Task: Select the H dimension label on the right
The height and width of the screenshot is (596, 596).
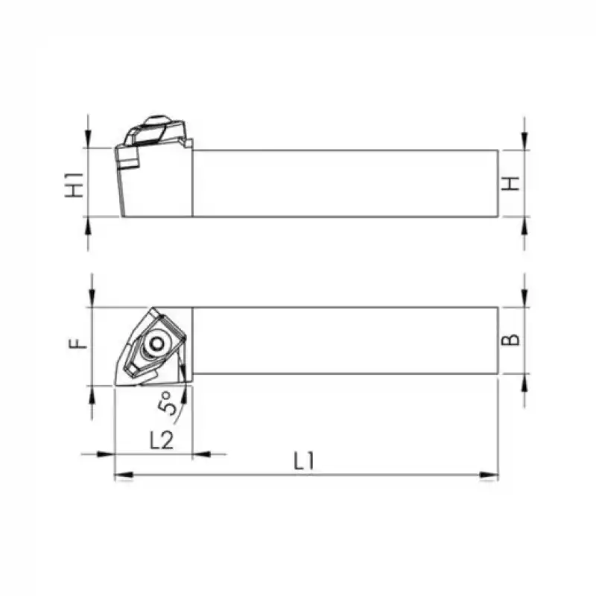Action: pyautogui.click(x=510, y=183)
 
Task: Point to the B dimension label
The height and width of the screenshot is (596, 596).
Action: pyautogui.click(x=510, y=340)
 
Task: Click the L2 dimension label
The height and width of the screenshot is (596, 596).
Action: pyautogui.click(x=162, y=440)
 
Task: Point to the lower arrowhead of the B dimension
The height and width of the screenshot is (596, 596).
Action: pyautogui.click(x=525, y=381)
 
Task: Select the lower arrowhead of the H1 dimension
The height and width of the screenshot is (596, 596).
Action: pyautogui.click(x=89, y=225)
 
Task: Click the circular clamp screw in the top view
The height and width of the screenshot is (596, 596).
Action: pyautogui.click(x=156, y=343)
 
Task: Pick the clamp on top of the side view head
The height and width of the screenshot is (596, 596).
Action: pyautogui.click(x=154, y=130)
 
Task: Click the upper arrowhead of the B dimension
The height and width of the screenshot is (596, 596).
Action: pyautogui.click(x=525, y=299)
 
